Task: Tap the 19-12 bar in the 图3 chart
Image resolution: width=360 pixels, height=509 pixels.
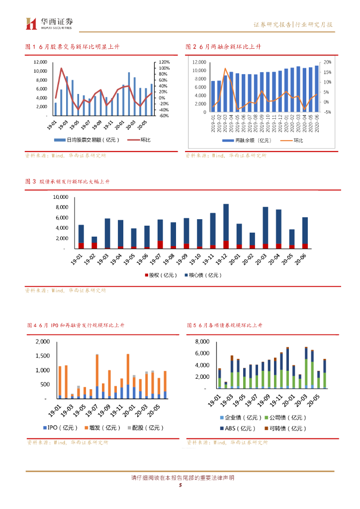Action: (x=226, y=226)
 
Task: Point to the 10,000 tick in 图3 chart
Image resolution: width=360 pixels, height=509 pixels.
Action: (x=59, y=197)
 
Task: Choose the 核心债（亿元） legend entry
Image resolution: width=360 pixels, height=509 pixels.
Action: (x=202, y=275)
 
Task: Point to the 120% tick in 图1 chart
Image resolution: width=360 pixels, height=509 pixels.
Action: (x=165, y=62)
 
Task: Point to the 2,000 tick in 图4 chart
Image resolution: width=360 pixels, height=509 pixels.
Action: (x=43, y=342)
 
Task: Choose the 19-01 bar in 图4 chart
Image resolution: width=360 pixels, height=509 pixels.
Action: (x=60, y=382)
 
